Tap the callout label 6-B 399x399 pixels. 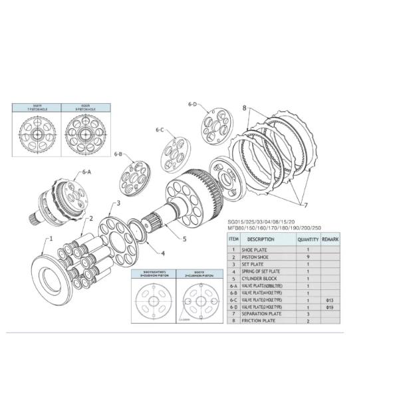[x=118, y=154]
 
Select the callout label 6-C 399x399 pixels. [x=160, y=130]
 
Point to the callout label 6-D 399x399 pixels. [x=192, y=104]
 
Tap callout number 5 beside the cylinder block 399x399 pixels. [x=184, y=238]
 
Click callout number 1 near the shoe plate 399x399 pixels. [x=48, y=237]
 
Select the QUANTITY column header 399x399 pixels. [x=308, y=238]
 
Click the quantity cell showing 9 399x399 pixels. [x=308, y=257]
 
